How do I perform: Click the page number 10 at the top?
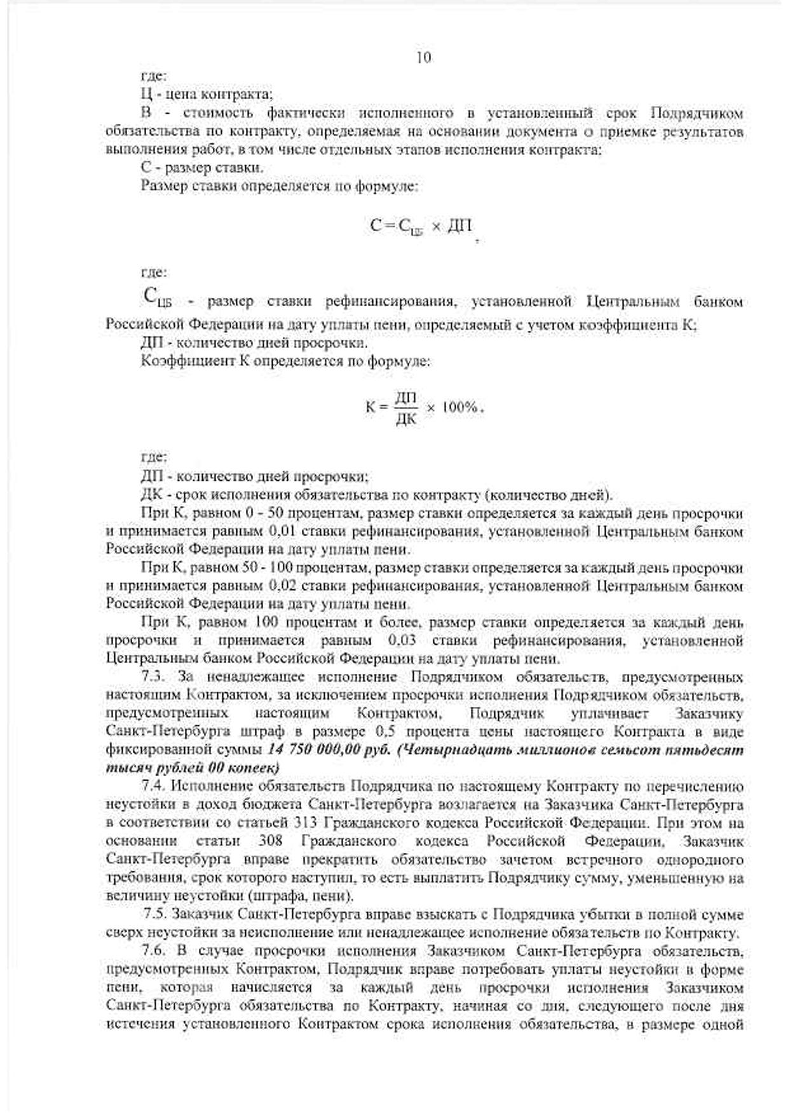pos(423,58)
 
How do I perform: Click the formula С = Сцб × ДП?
pos(421,226)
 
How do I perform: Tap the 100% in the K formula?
pos(459,407)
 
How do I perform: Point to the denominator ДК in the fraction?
pos(405,419)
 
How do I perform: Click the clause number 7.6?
pos(155,951)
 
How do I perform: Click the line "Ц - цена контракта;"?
pos(207,95)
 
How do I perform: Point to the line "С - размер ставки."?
pos(202,168)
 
